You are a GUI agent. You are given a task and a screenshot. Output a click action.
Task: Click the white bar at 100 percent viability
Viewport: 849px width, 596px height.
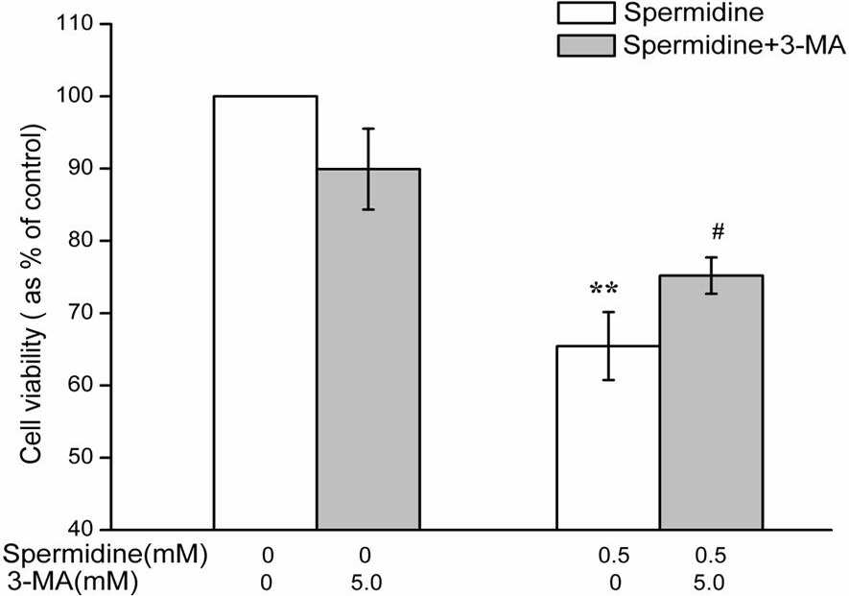[266, 313]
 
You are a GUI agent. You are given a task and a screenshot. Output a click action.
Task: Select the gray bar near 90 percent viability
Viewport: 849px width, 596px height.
[368, 349]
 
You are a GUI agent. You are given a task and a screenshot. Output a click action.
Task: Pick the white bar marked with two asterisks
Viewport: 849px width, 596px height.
[608, 438]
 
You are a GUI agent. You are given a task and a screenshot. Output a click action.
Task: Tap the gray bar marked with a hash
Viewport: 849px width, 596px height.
[712, 402]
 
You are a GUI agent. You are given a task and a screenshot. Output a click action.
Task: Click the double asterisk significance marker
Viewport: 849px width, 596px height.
[603, 289]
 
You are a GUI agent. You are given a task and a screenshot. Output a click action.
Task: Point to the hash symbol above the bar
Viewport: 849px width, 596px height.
[718, 232]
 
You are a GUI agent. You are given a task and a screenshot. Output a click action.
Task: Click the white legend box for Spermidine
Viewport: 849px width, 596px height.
[586, 13]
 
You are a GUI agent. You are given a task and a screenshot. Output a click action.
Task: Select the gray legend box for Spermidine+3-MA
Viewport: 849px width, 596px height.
[586, 45]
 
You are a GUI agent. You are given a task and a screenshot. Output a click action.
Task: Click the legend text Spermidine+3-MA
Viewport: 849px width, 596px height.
[734, 45]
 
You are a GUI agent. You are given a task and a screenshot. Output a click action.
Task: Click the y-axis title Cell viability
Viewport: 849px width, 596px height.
[32, 295]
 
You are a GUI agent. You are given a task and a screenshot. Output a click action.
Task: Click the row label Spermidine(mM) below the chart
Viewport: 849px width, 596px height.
[105, 556]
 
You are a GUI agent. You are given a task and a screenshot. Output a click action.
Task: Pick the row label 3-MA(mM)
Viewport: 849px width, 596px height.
[71, 583]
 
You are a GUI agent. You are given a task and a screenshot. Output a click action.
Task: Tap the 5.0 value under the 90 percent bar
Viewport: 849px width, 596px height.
[366, 583]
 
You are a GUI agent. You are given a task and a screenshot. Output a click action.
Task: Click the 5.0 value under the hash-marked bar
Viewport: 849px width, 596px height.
[709, 583]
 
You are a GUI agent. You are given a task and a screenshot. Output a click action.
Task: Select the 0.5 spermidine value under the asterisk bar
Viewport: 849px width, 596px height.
[614, 556]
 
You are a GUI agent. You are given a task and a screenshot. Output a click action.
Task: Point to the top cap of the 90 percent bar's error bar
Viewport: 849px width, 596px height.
[368, 129]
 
